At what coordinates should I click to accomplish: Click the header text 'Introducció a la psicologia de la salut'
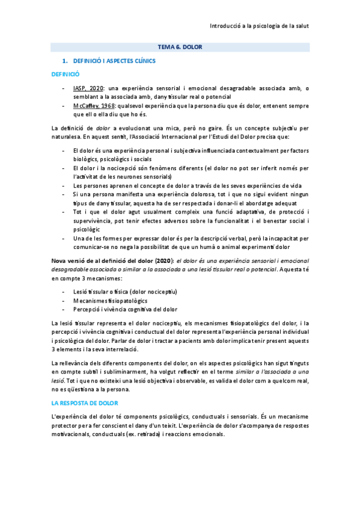click(259, 27)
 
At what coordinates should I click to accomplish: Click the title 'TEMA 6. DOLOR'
click(180, 46)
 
